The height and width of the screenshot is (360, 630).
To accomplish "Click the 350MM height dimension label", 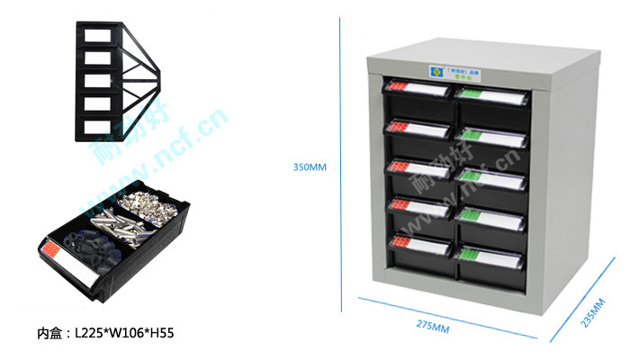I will pos(310,166).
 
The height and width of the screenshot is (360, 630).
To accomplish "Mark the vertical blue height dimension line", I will pos(340,166).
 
